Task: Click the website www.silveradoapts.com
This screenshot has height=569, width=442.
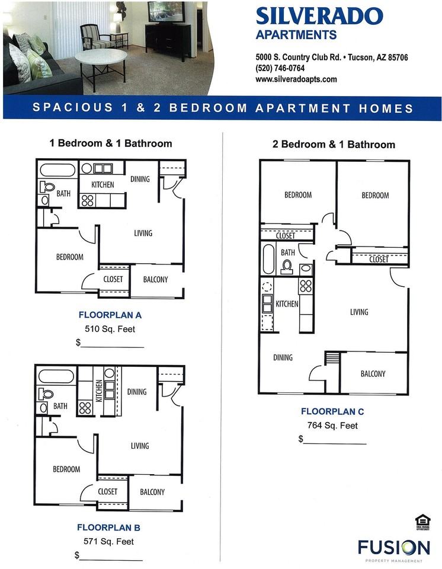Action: pyautogui.click(x=296, y=79)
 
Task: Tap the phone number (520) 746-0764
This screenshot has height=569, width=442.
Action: pyautogui.click(x=280, y=69)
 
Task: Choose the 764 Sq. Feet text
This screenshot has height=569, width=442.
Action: pyautogui.click(x=332, y=425)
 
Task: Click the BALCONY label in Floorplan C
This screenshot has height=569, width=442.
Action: pyautogui.click(x=373, y=373)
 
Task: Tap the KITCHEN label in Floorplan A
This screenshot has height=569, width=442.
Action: pyautogui.click(x=103, y=185)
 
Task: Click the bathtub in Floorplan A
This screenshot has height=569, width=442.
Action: pyautogui.click(x=57, y=170)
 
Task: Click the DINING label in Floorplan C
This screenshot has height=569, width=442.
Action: pyautogui.click(x=283, y=357)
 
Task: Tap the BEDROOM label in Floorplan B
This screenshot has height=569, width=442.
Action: pyautogui.click(x=66, y=469)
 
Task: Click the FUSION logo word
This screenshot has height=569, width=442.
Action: pyautogui.click(x=393, y=546)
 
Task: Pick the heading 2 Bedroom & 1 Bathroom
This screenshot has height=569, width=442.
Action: pyautogui.click(x=334, y=145)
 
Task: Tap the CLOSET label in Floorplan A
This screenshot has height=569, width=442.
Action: pyautogui.click(x=113, y=279)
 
